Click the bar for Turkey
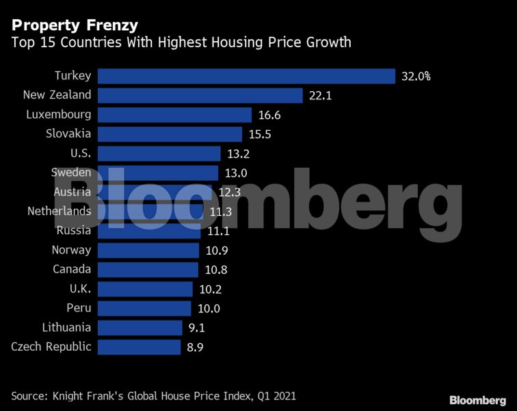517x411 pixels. (x=246, y=76)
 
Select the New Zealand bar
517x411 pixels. (x=200, y=95)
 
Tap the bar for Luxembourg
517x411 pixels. (x=174, y=114)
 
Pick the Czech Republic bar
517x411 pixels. (x=140, y=347)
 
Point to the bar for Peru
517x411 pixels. (x=144, y=308)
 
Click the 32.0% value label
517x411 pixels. (x=416, y=76)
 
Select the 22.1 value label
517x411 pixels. (x=320, y=95)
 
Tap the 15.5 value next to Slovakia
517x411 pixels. (x=259, y=134)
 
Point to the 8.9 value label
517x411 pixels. (x=195, y=347)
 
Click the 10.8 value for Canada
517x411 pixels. (x=212, y=270)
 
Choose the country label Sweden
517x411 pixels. (x=71, y=173)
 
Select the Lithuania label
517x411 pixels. (x=66, y=327)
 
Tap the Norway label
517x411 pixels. (x=71, y=250)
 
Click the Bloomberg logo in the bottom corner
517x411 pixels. (x=478, y=399)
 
